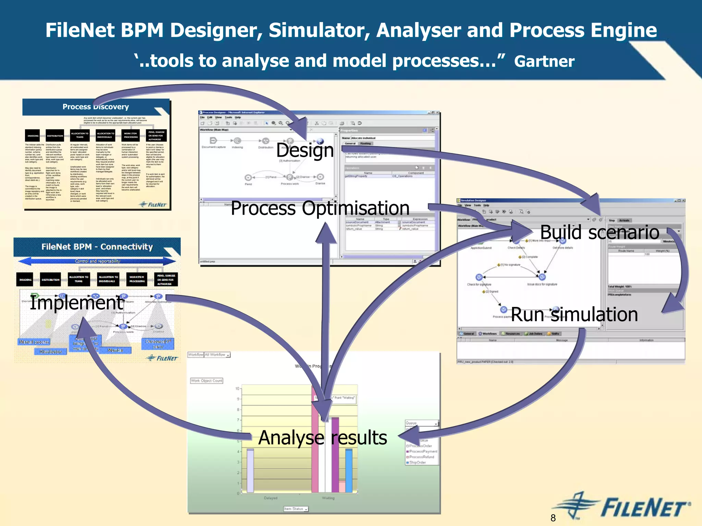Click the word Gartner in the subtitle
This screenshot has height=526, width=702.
pyautogui.click(x=544, y=62)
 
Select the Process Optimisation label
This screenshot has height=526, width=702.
pyautogui.click(x=320, y=208)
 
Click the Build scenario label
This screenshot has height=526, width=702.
pyautogui.click(x=600, y=232)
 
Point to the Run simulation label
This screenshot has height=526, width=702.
pyautogui.click(x=574, y=314)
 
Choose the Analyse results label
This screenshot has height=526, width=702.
pyautogui.click(x=323, y=438)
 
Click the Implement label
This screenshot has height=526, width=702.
pyautogui.click(x=76, y=303)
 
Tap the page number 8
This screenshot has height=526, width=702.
pyautogui.click(x=553, y=518)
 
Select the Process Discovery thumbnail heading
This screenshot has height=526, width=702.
pyautogui.click(x=96, y=107)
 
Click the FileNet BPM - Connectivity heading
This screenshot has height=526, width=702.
pyautogui.click(x=97, y=247)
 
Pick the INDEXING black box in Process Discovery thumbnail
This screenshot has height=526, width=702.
pyautogui.click(x=33, y=136)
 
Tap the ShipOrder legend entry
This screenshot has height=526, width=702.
pyautogui.click(x=417, y=463)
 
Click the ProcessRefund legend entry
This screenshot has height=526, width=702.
pyautogui.click(x=421, y=457)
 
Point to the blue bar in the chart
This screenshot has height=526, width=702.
pyautogui.click(x=349, y=470)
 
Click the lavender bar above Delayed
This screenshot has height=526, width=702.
pyautogui.click(x=250, y=470)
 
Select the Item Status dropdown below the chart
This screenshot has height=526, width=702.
pyautogui.click(x=296, y=509)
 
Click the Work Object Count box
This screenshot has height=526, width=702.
pyautogui.click(x=207, y=381)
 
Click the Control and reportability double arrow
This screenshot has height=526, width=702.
pyautogui.click(x=97, y=261)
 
